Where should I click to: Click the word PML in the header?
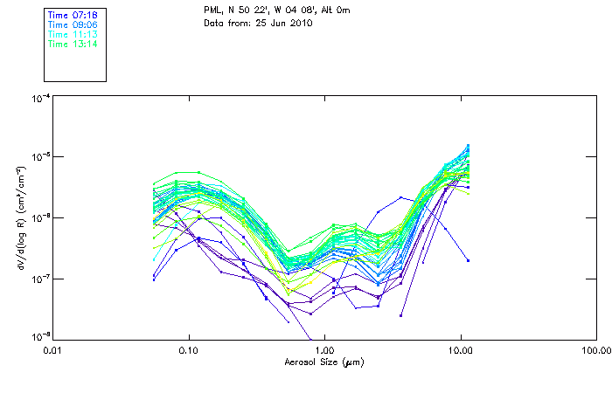pyautogui.click(x=212, y=10)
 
